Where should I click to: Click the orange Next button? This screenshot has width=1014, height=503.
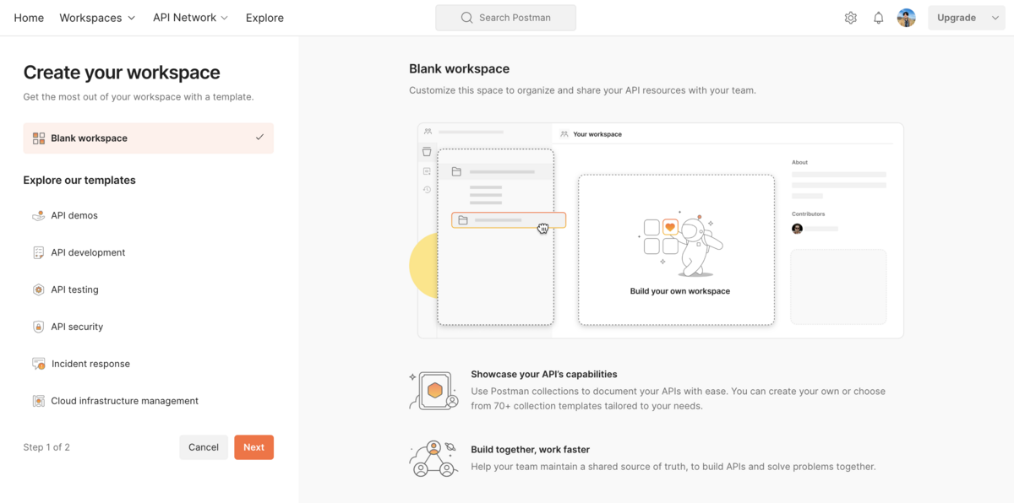pos(253,447)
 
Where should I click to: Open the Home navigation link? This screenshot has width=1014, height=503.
pos(29,18)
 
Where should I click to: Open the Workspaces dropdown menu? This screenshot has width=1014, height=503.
pos(97,18)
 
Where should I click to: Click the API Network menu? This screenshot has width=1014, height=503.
pos(190,18)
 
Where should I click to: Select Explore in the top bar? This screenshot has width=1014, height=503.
pos(264,18)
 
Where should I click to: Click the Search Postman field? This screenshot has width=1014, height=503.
pos(505,18)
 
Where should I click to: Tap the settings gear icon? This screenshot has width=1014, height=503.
pos(851,18)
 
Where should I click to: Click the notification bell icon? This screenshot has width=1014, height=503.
pos(878,18)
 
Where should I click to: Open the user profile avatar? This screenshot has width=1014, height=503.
pos(906,18)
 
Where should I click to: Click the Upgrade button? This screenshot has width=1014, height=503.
pos(967,18)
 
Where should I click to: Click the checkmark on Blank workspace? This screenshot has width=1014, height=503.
pos(259,137)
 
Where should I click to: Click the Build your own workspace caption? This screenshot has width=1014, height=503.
pos(680,291)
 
